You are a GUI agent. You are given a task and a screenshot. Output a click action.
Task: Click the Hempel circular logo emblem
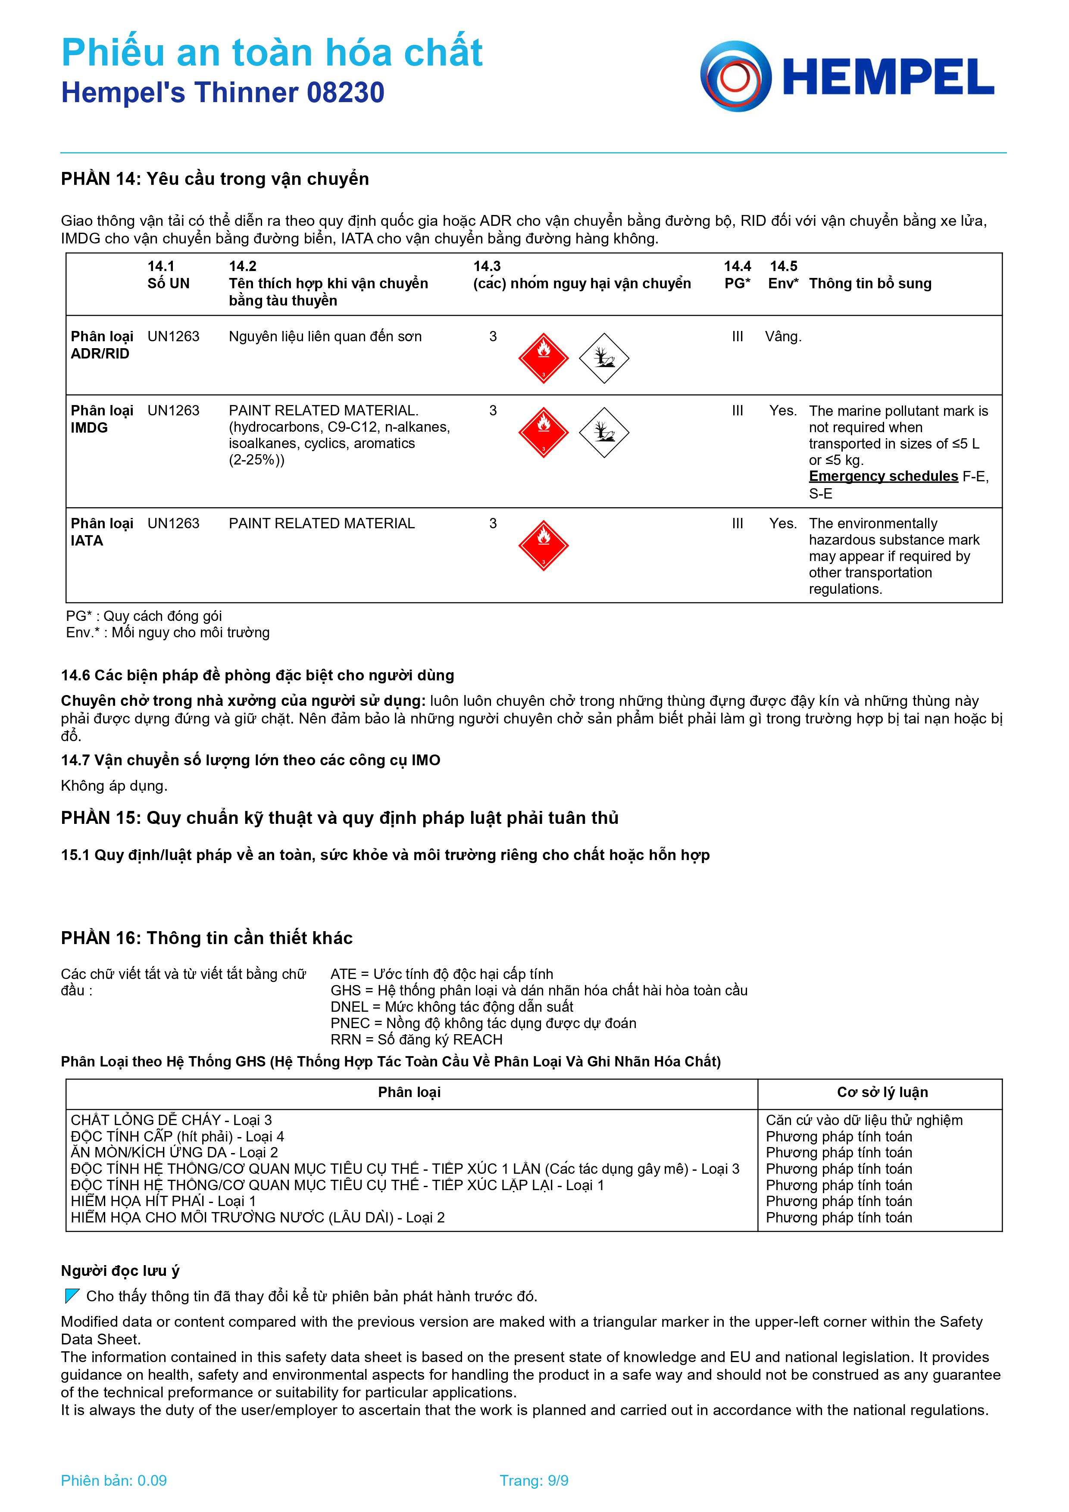[736, 76]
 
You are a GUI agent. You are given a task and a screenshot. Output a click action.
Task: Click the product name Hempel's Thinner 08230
[222, 93]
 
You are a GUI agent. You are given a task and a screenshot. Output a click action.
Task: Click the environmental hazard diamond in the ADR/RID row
[604, 358]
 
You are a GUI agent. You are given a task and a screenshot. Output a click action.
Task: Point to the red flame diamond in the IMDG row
[544, 432]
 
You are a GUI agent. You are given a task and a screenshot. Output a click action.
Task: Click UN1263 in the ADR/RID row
[173, 337]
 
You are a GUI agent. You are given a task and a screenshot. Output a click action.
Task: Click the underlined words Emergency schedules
[883, 476]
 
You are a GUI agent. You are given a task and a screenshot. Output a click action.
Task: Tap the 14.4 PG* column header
[737, 274]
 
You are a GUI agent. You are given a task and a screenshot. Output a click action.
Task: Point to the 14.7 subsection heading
[250, 760]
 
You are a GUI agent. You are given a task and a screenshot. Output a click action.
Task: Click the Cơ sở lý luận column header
[882, 1092]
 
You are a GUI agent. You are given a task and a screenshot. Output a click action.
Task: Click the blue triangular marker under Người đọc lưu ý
[72, 1296]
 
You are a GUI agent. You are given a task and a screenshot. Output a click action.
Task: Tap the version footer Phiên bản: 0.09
[113, 1481]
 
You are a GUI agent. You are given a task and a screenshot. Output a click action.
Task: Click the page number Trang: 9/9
[534, 1481]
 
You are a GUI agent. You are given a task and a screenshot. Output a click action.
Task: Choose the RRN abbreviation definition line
[416, 1039]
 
